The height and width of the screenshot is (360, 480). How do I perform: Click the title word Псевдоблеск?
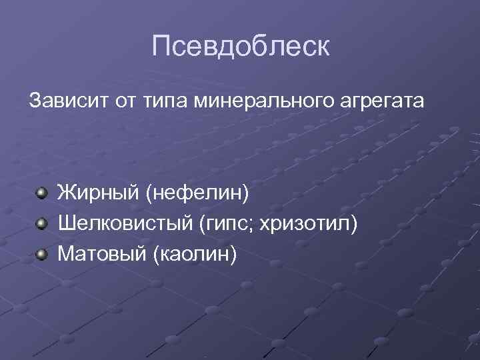(x=240, y=46)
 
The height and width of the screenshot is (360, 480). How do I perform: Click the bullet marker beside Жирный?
(x=42, y=193)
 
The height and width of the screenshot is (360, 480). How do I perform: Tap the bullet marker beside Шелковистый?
(x=42, y=223)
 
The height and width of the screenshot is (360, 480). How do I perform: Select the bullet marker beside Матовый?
(x=42, y=253)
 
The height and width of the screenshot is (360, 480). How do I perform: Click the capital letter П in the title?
(x=162, y=46)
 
